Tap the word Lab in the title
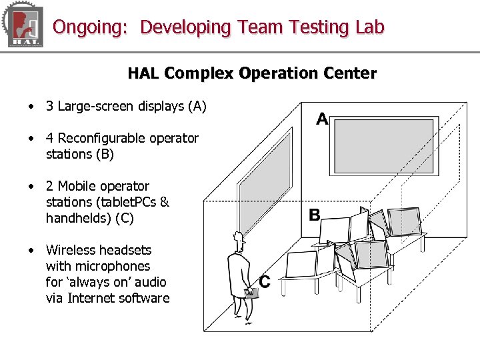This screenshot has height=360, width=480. click(x=370, y=27)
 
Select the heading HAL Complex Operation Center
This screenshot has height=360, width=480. click(x=252, y=73)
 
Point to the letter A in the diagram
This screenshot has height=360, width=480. click(x=322, y=119)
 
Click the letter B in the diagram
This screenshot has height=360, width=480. click(x=314, y=215)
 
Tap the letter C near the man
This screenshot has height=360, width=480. click(x=265, y=282)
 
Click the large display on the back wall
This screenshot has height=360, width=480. click(x=386, y=146)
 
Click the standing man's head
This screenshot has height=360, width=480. click(x=237, y=239)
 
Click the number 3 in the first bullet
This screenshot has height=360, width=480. click(x=49, y=106)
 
